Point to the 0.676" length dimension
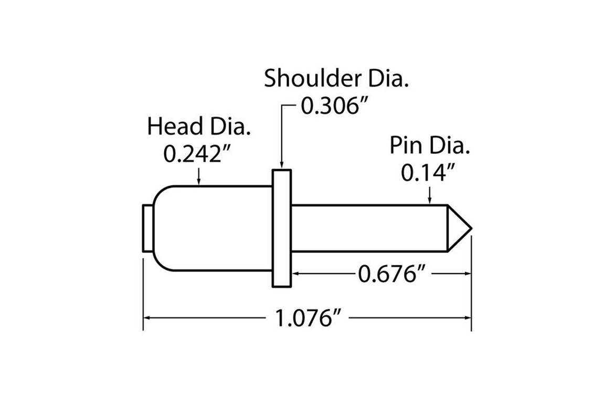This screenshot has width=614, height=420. tap(390, 274)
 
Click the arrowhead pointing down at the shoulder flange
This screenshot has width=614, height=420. tap(281, 165)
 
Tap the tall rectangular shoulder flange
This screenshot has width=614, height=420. tap(281, 228)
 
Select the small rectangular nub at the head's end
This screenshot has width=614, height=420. tap(148, 228)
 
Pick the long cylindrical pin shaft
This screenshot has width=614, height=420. tap(367, 228)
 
